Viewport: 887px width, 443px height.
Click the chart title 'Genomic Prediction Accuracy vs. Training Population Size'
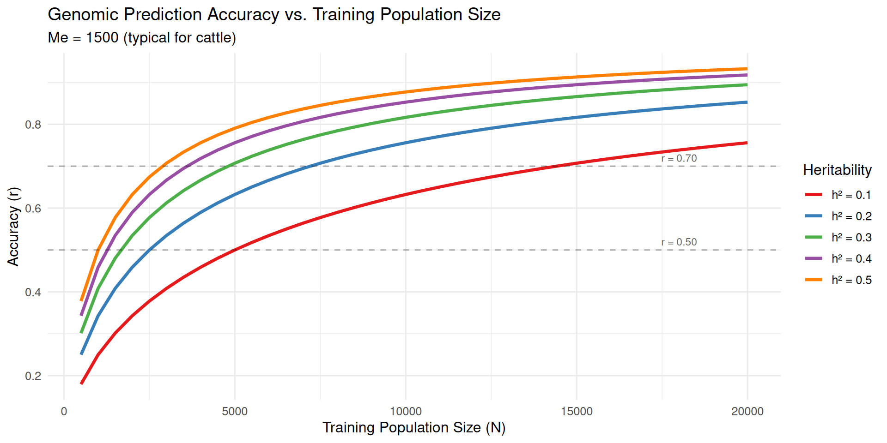click(274, 15)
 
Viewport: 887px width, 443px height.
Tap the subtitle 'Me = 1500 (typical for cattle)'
click(142, 37)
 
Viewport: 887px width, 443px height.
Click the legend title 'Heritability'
click(837, 170)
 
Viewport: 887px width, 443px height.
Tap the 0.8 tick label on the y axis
click(33, 125)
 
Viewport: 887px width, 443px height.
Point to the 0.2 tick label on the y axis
click(33, 376)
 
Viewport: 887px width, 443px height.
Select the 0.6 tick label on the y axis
click(33, 209)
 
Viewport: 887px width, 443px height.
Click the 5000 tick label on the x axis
click(235, 411)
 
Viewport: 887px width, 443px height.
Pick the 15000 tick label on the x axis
click(577, 411)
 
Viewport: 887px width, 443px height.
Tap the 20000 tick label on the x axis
click(747, 411)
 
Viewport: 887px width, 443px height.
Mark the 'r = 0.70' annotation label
click(679, 158)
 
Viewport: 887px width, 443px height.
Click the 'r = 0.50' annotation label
click(679, 242)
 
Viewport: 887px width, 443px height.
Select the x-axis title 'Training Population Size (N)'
click(414, 428)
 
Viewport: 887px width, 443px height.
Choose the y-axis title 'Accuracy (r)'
click(13, 226)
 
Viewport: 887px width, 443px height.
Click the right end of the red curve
click(747, 143)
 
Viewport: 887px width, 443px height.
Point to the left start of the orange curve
click(82, 300)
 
